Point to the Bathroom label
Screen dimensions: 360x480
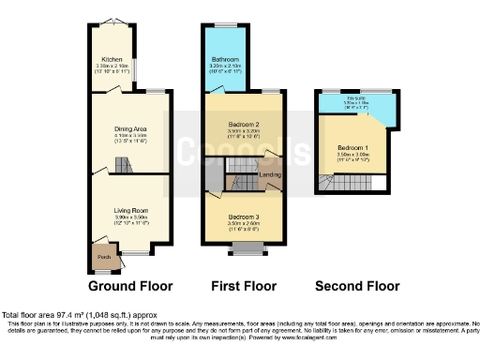coord(226,59)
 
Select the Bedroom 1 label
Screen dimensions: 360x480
coord(353,148)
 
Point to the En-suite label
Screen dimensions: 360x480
coord(356,98)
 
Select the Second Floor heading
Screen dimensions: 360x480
coord(357,286)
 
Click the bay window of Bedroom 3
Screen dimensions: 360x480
coord(247,249)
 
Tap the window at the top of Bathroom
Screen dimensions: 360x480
coord(226,24)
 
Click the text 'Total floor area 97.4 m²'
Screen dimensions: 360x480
coord(66,314)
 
